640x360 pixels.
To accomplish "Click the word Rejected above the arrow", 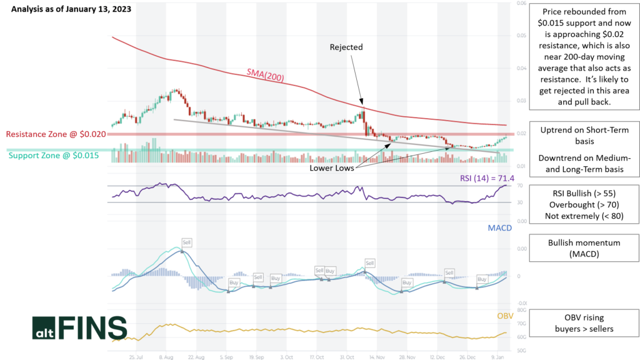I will [346, 47].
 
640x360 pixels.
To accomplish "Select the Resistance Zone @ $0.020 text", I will [56, 134].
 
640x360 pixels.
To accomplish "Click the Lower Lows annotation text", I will [331, 168].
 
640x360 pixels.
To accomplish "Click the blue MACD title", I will [499, 228].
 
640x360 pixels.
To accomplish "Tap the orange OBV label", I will [504, 316].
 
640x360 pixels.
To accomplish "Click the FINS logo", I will [79, 327].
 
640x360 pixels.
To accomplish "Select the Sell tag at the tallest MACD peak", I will [186, 242].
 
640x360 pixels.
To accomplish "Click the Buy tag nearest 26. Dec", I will [482, 279].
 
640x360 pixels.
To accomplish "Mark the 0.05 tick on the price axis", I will [521, 36].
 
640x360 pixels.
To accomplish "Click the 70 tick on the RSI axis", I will [519, 186].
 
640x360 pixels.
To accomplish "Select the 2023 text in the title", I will [122, 9].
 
